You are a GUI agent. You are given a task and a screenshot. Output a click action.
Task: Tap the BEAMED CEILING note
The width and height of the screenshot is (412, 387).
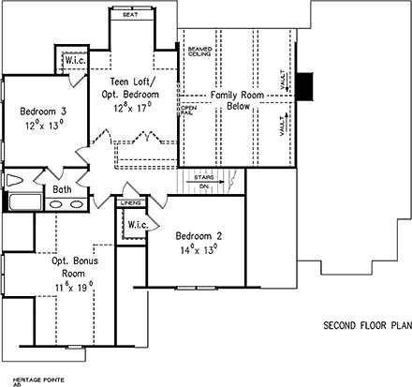click(x=199, y=51)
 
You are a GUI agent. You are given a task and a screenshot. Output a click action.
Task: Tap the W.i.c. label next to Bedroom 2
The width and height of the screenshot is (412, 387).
click(x=138, y=225)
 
